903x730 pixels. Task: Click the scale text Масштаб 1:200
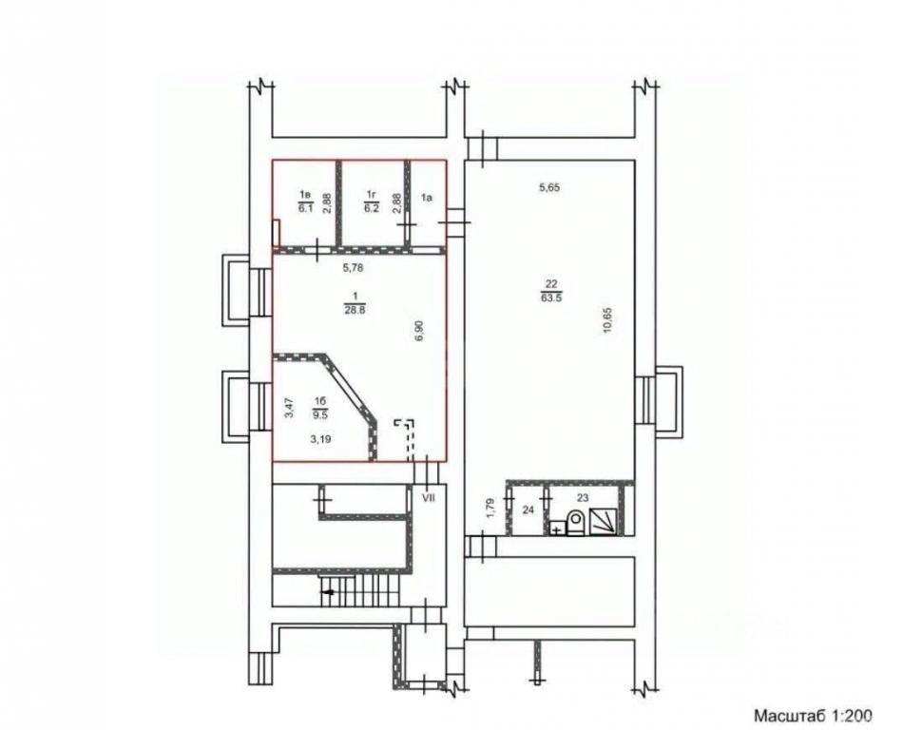pos(814,716)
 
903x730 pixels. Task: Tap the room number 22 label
pos(551,282)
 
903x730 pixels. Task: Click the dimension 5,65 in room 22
pos(549,187)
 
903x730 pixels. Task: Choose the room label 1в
pos(304,195)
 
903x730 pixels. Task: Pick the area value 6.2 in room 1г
pos(372,209)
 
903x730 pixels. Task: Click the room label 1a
pos(427,198)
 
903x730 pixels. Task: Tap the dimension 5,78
pos(354,268)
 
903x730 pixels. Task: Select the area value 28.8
pos(355,309)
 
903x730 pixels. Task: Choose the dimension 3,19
pos(321,439)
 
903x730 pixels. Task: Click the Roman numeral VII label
pos(428,497)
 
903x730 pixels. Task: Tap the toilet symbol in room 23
pos(575,522)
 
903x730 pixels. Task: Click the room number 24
pos(528,509)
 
